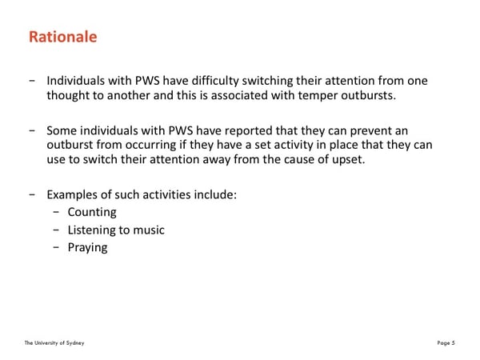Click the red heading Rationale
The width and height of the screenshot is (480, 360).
62,37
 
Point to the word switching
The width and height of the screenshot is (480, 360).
267,81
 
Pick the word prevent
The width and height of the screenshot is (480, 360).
370,131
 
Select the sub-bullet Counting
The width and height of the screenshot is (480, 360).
92,213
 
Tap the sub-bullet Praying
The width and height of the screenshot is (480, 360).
87,248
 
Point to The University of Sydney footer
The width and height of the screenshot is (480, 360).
54,343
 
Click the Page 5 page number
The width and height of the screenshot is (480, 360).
446,343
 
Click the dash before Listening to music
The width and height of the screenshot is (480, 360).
56,230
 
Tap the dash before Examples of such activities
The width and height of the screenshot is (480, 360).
32,195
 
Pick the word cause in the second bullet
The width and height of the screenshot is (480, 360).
300,160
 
